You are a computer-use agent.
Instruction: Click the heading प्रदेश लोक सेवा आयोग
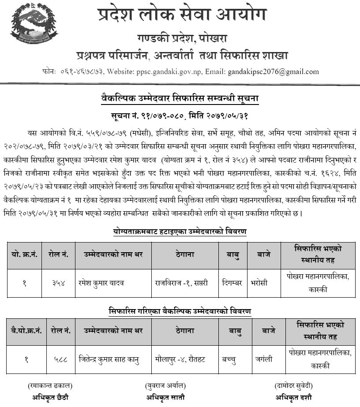(x=182, y=15)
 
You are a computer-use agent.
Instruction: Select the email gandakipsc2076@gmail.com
(x=274, y=71)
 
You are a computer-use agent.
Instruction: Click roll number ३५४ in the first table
(x=57, y=283)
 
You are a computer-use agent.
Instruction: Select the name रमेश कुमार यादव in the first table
(x=101, y=283)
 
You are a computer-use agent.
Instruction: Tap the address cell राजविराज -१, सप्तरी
(x=181, y=283)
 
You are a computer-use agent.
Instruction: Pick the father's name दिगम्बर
(x=231, y=283)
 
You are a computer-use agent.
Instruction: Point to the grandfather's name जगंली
(x=263, y=359)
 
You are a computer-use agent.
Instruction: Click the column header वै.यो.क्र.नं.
(x=25, y=331)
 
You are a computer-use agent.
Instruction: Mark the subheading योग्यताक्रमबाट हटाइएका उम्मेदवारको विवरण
(x=180, y=232)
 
